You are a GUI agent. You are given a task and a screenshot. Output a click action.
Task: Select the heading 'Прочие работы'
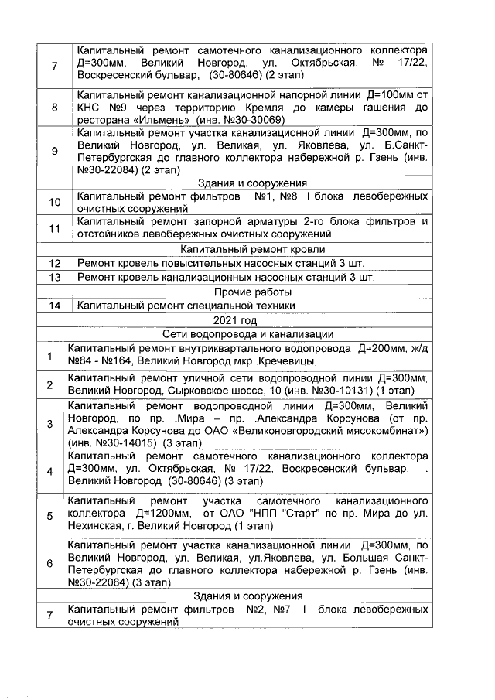pyautogui.click(x=252, y=292)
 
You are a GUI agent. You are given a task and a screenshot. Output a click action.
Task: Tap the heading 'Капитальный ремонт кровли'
pyautogui.click(x=252, y=249)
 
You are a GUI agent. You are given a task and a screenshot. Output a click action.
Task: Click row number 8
pyautogui.click(x=54, y=108)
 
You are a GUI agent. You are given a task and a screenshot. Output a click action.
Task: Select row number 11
pyautogui.click(x=54, y=229)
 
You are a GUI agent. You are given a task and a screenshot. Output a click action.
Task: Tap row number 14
pyautogui.click(x=54, y=306)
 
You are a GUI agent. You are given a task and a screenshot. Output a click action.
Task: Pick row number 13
pyautogui.click(x=54, y=278)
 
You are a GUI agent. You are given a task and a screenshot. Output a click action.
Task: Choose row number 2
pyautogui.click(x=49, y=384)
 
